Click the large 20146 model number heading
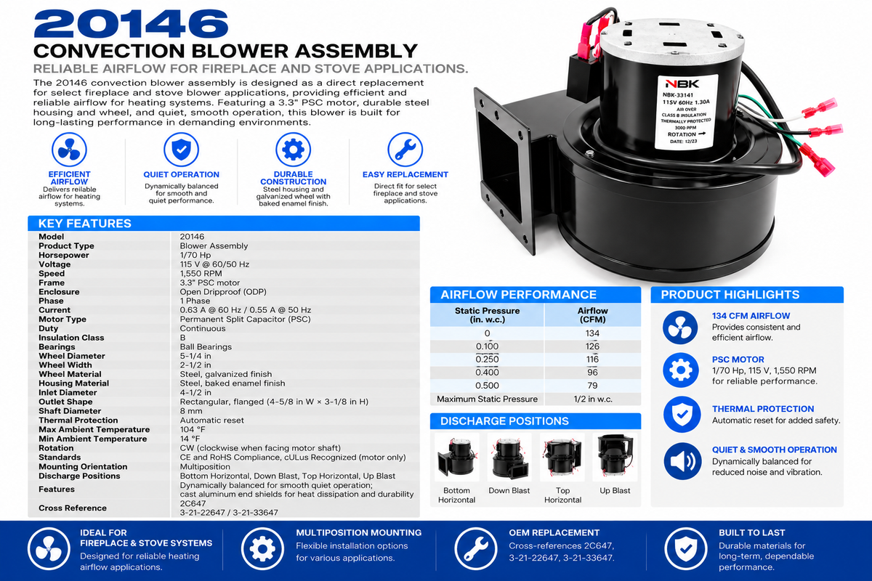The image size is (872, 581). [x=131, y=24]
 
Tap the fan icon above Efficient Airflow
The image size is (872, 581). [x=69, y=150]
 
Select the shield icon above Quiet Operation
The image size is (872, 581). [x=181, y=150]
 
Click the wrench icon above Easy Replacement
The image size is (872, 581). [x=405, y=150]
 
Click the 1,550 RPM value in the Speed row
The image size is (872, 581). [x=201, y=274]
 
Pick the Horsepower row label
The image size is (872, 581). [x=64, y=256]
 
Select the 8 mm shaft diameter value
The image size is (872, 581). [x=190, y=411]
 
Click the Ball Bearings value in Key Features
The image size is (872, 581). [x=206, y=346]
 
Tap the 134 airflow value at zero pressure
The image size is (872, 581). [x=592, y=333]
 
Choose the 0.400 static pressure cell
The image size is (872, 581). [x=487, y=373]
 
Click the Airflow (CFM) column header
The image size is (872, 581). [x=592, y=315]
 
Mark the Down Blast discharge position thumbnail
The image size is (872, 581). [x=509, y=458]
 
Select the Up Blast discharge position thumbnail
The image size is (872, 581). [x=615, y=458]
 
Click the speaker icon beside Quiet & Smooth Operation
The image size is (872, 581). [x=682, y=461]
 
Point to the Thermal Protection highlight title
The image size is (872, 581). [x=763, y=409]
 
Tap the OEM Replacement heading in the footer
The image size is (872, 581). [x=554, y=533]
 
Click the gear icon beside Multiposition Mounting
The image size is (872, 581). [x=262, y=549]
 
